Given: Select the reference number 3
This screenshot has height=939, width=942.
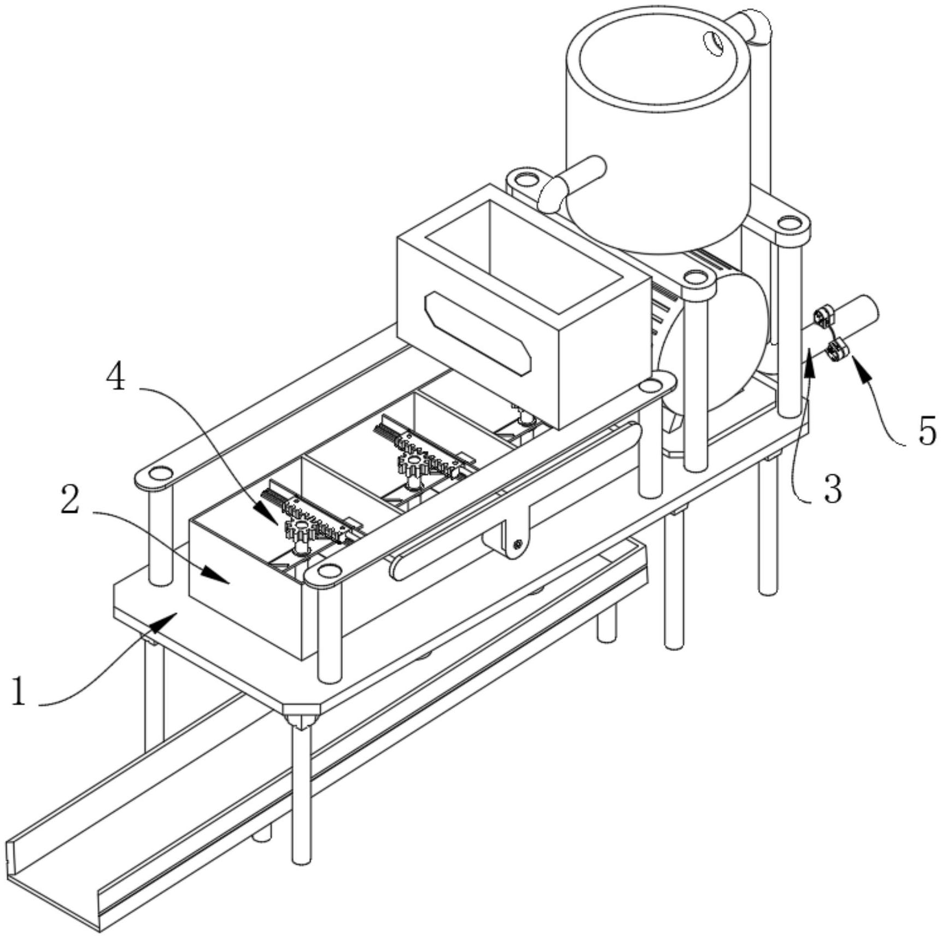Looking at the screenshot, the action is click(832, 489).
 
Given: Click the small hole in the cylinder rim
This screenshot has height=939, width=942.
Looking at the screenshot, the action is click(712, 43).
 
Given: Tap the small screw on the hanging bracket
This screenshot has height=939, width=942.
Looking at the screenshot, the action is click(517, 543).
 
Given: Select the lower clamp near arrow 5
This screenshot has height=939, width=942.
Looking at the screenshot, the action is click(836, 349).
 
